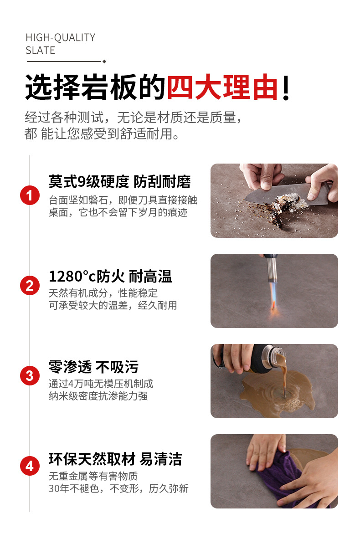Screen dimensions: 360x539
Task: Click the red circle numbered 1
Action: click(30, 195)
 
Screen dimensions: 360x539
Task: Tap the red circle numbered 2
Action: click(30, 286)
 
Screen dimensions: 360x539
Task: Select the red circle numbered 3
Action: click(30, 376)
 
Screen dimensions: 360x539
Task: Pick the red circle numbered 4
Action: click(30, 466)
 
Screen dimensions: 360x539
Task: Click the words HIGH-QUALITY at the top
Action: click(61, 37)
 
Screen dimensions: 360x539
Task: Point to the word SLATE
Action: click(40, 51)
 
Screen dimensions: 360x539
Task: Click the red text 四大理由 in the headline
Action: click(222, 87)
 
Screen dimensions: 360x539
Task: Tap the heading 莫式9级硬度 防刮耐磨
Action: click(120, 181)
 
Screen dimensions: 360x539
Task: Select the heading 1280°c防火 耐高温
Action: click(110, 277)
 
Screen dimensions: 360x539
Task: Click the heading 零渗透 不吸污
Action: click(93, 367)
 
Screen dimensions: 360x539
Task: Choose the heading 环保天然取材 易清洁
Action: click(115, 459)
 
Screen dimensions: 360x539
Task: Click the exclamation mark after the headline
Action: click(286, 87)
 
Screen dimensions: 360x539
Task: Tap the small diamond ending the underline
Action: click(104, 62)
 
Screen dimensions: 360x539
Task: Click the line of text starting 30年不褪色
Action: click(118, 488)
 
